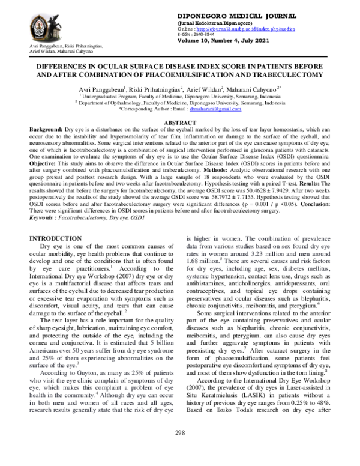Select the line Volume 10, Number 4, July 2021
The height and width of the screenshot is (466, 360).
click(223, 41)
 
